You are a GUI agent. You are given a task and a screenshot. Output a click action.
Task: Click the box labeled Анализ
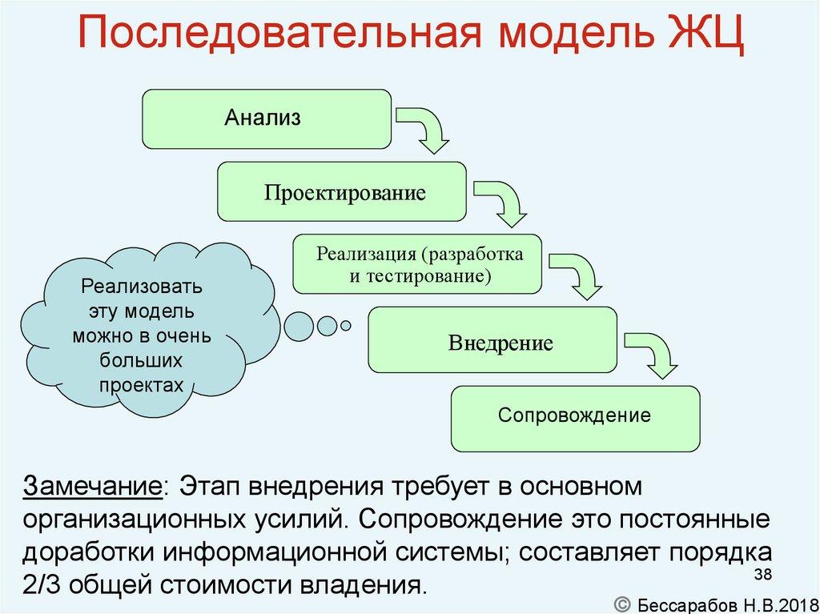tap(267, 119)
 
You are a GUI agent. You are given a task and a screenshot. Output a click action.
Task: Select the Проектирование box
tap(341, 192)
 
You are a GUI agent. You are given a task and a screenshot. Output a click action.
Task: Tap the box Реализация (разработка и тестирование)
tap(417, 264)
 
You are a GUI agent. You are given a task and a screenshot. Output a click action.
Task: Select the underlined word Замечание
tap(93, 486)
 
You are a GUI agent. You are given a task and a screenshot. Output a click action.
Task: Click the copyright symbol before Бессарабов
tap(624, 601)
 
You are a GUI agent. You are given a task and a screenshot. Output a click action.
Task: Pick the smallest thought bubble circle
tap(346, 325)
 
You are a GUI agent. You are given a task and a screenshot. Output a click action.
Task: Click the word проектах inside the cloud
tap(142, 385)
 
